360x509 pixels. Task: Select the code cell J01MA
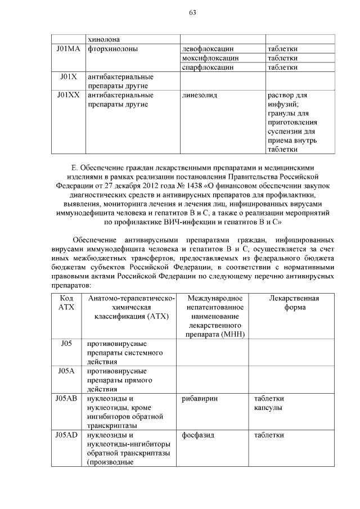click(68, 49)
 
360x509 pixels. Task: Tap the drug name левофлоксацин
click(207, 49)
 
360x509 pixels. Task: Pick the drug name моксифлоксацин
click(210, 58)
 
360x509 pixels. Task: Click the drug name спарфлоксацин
click(208, 67)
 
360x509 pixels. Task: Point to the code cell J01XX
click(68, 95)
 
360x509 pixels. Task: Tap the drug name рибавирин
click(200, 398)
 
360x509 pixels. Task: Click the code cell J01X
click(68, 76)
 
